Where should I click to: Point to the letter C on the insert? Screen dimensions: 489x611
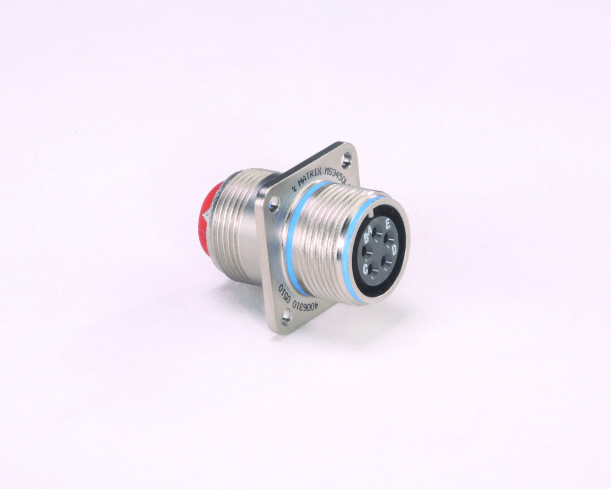coord(365,268)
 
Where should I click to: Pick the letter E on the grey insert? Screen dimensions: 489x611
coord(388,224)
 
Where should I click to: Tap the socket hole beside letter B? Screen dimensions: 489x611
coord(369,250)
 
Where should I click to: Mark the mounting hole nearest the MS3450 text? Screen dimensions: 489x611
coord(347,158)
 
